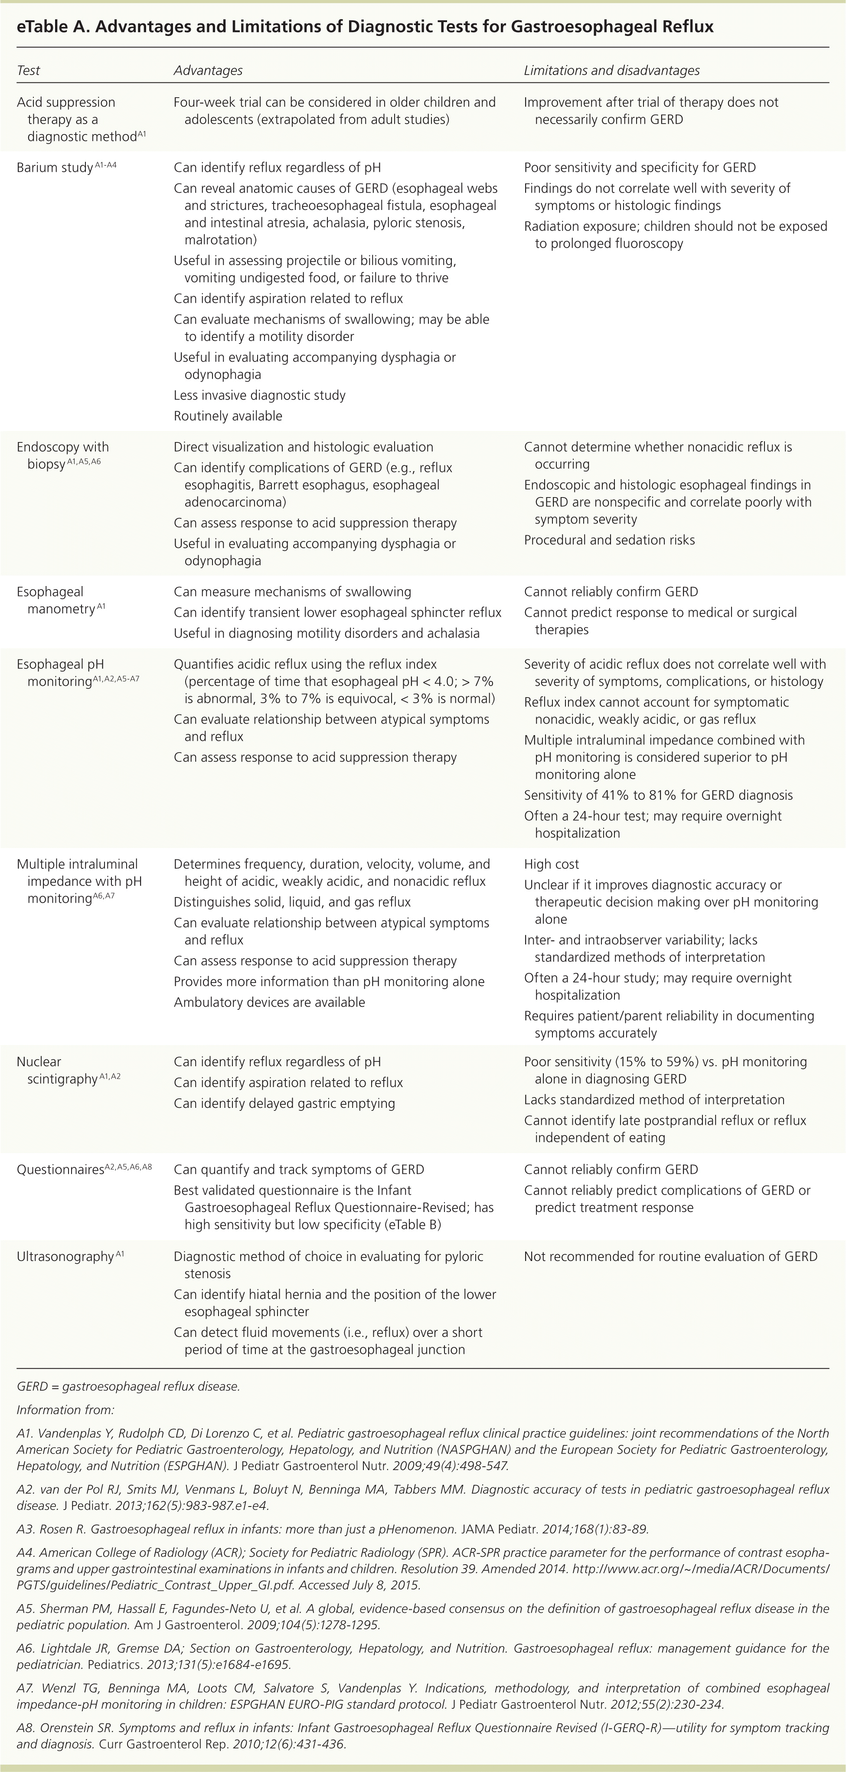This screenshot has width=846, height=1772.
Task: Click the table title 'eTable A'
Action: coord(365,27)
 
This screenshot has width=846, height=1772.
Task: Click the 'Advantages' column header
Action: coord(208,70)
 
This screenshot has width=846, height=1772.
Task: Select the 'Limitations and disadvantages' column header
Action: coord(611,70)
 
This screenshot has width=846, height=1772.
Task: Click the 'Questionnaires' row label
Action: coord(60,1169)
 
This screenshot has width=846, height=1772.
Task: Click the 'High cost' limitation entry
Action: coord(552,864)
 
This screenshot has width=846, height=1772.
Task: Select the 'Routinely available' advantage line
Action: coord(228,416)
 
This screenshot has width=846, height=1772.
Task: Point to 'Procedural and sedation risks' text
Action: coord(609,540)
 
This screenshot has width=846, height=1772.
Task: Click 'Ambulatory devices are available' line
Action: coord(269,1002)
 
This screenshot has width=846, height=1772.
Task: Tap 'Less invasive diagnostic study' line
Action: coord(259,395)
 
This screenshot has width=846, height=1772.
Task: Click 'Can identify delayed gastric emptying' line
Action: coord(284,1104)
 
